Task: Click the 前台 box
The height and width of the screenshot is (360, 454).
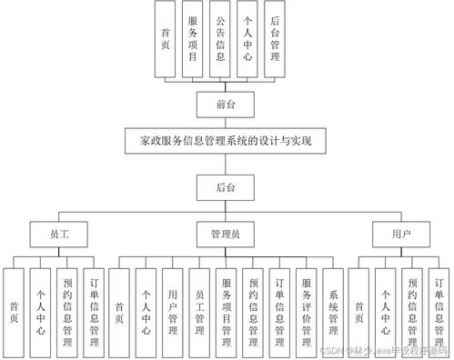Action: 227,104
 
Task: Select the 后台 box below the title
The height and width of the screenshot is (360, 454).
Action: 227,188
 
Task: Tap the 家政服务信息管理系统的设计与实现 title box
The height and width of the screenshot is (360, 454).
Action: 227,143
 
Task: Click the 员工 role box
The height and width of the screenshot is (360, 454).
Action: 60,234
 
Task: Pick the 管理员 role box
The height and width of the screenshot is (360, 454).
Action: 227,234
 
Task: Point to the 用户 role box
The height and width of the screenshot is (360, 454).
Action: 399,234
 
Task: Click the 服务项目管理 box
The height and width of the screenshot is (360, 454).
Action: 227,308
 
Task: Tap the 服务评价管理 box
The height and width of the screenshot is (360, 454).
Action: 307,308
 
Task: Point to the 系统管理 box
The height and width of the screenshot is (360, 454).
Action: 333,308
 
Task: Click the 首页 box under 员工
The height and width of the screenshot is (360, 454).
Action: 14,308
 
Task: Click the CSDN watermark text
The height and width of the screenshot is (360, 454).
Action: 382,350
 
